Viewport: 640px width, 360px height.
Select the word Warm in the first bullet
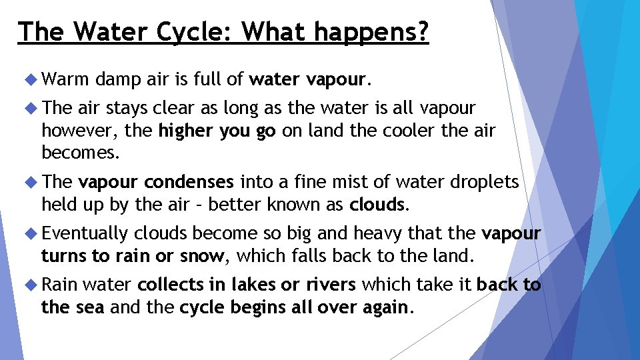(x=65, y=81)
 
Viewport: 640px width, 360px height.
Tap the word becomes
(x=81, y=153)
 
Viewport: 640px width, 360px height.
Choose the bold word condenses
(x=189, y=182)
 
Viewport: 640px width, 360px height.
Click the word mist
(x=331, y=182)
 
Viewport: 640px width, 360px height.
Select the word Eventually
(x=84, y=233)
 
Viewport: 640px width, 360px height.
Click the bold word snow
(x=204, y=255)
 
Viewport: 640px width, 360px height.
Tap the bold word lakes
(x=253, y=285)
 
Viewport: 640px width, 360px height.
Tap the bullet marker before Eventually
(x=29, y=233)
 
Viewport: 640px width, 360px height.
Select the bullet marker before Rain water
(x=29, y=285)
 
